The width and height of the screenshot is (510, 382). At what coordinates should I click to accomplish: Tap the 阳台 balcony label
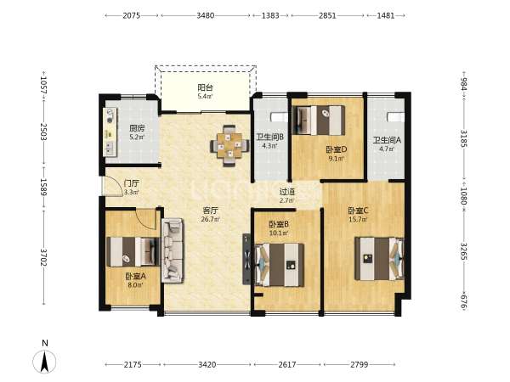coord(205,87)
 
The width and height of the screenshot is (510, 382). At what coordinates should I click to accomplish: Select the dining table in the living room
coord(229,145)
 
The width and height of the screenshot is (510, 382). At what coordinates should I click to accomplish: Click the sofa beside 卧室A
coord(173,250)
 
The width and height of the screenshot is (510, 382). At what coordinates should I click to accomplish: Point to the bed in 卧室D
coord(319,121)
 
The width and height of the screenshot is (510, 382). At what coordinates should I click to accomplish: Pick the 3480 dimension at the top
coord(205,15)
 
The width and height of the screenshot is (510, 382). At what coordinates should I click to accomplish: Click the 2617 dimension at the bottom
coord(287,364)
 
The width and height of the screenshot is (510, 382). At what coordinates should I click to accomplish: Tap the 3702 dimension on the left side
coord(43,257)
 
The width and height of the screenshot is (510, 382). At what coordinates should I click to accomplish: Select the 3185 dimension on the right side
coord(464,138)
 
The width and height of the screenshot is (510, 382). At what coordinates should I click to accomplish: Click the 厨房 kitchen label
coord(137,128)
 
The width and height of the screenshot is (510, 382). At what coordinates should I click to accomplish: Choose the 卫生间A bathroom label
coord(387,140)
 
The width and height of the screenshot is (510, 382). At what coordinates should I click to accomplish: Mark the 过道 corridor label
coord(287,192)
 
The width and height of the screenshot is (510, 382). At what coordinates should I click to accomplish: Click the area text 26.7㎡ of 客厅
coord(210,219)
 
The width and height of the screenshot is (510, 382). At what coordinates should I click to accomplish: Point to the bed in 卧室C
coord(379,259)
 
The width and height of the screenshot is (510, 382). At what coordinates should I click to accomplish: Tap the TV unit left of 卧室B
coord(246,259)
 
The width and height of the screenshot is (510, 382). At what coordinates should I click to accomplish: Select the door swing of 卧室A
coord(146,220)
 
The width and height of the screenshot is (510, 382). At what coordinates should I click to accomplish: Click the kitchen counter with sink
coord(110,132)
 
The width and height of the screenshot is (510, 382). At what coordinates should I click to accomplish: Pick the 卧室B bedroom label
coord(279,224)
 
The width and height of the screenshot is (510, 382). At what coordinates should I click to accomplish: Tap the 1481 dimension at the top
coord(386,15)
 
